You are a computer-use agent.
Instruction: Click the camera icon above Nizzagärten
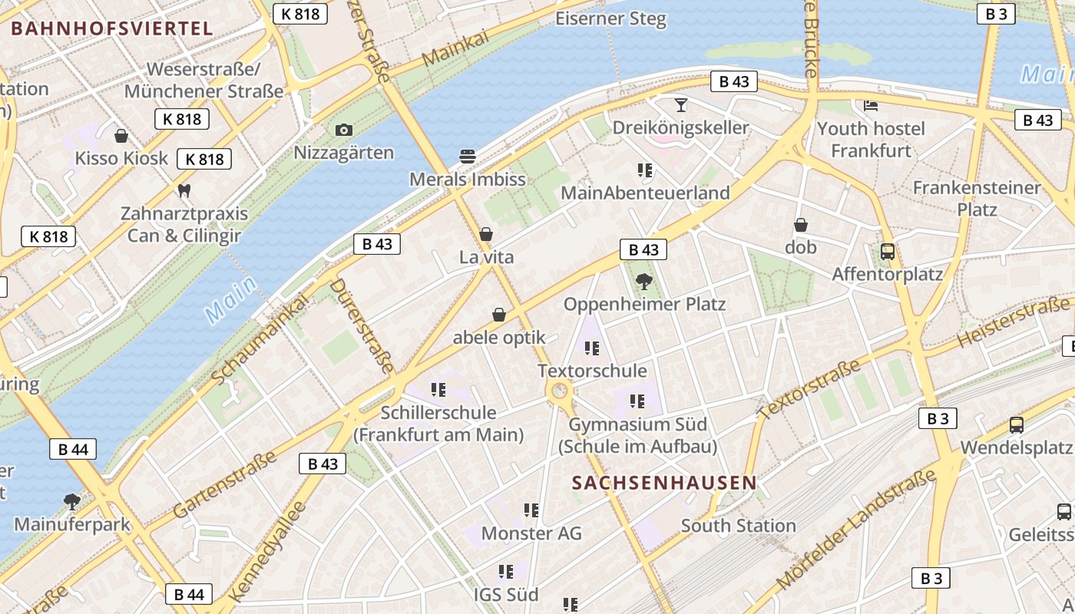click(344, 130)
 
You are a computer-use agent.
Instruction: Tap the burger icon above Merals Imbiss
click(468, 157)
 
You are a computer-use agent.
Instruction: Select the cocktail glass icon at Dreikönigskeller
click(680, 104)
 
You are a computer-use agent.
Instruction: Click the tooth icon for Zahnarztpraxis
click(184, 190)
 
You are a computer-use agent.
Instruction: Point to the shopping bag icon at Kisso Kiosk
click(121, 137)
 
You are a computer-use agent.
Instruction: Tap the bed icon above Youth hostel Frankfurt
click(871, 105)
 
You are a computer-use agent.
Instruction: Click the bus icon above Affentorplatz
click(887, 252)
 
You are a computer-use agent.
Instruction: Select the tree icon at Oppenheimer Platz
click(644, 282)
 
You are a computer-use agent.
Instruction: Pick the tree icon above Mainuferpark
click(72, 503)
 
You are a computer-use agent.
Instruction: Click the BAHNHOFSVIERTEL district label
click(111, 29)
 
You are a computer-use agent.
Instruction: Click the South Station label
click(738, 526)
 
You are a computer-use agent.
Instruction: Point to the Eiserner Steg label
click(610, 18)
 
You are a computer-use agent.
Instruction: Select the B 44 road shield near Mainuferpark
click(74, 449)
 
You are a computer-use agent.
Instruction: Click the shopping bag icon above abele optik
click(499, 315)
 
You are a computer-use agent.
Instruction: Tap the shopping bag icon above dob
click(801, 225)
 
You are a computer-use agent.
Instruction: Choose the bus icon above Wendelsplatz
click(1017, 424)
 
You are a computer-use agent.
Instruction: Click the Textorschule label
click(592, 371)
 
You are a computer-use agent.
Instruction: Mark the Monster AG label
click(531, 533)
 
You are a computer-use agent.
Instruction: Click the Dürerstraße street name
click(362, 325)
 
